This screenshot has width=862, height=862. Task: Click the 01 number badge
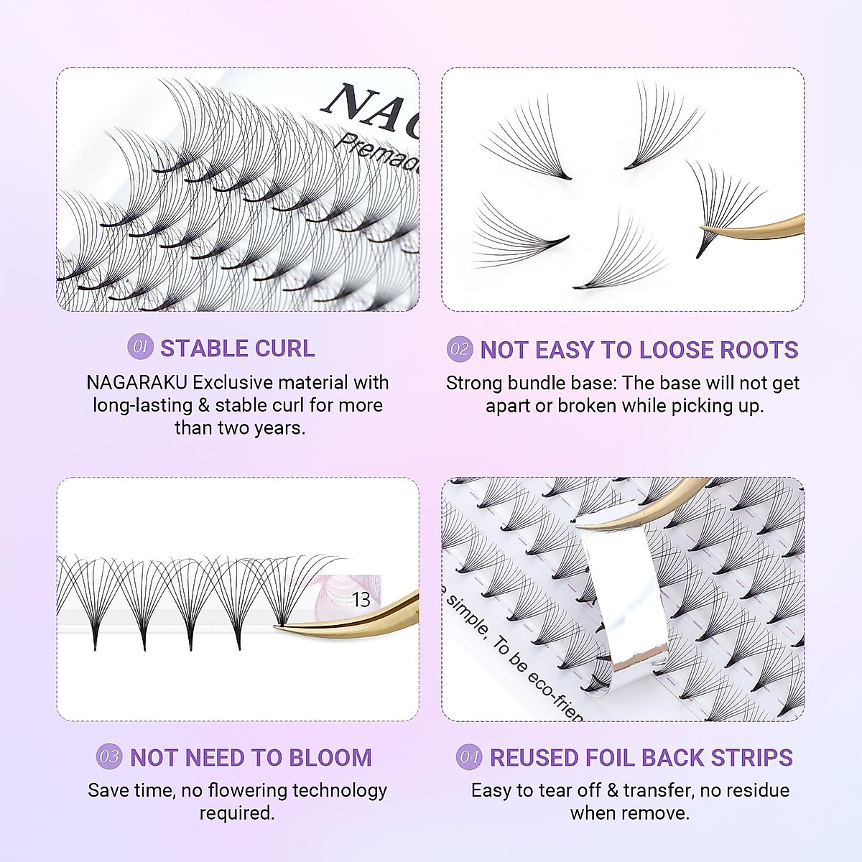[141, 348]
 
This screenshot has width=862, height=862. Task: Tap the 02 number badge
[460, 350]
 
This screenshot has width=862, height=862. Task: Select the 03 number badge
[109, 757]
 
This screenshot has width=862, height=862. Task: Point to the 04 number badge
[469, 757]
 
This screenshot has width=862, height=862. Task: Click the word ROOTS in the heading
[759, 350]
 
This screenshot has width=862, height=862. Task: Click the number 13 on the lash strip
[361, 600]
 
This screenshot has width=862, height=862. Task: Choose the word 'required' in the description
[236, 813]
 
